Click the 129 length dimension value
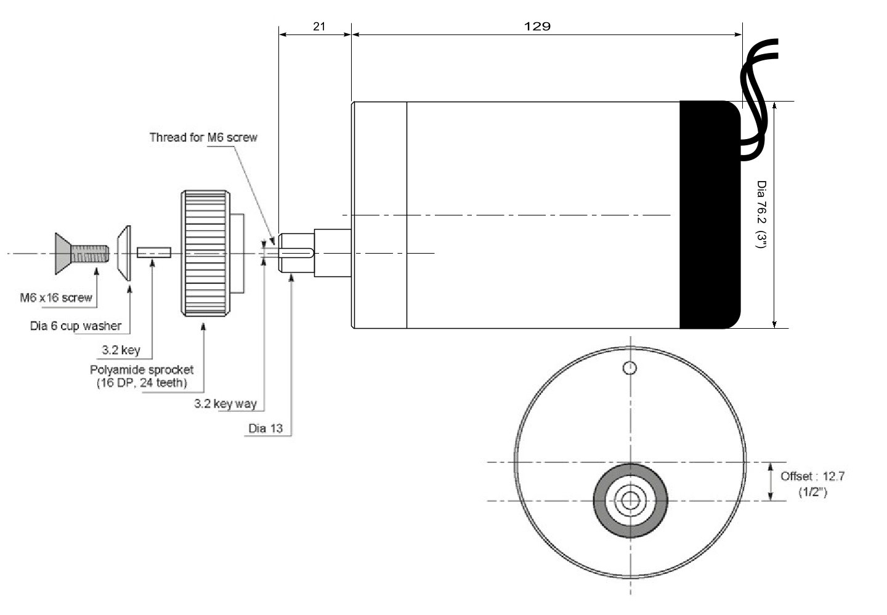[x=537, y=26]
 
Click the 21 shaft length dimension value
[x=319, y=26]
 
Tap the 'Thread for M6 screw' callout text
[x=203, y=137]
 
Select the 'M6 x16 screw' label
[x=56, y=297]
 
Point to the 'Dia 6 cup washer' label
[x=76, y=326]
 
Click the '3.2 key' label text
[x=121, y=350]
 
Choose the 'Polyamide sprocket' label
[x=142, y=369]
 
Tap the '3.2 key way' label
[x=225, y=403]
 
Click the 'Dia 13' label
[x=265, y=428]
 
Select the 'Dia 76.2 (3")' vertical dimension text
[x=761, y=214]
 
